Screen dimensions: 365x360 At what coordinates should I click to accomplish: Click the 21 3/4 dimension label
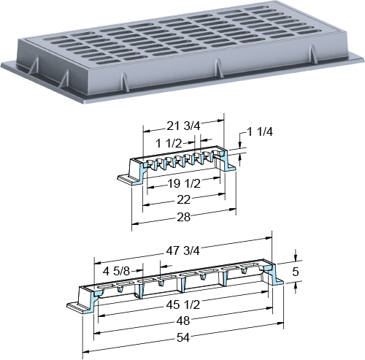pyautogui.click(x=183, y=126)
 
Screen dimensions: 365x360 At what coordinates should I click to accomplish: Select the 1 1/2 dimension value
pyautogui.click(x=169, y=144)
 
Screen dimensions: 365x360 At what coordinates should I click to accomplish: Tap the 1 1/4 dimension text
pyautogui.click(x=260, y=132)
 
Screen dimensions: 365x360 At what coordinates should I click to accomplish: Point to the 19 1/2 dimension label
pyautogui.click(x=184, y=183)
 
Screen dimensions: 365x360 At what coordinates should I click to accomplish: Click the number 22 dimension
pyautogui.click(x=183, y=200)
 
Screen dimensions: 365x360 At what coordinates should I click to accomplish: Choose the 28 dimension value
pyautogui.click(x=183, y=217)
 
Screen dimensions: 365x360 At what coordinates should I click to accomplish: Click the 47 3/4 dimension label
pyautogui.click(x=182, y=250)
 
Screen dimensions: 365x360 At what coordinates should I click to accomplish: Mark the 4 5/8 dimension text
pyautogui.click(x=116, y=271)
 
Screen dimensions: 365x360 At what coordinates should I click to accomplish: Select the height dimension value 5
pyautogui.click(x=295, y=272)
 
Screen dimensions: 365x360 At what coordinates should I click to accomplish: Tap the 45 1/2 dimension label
pyautogui.click(x=183, y=305)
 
